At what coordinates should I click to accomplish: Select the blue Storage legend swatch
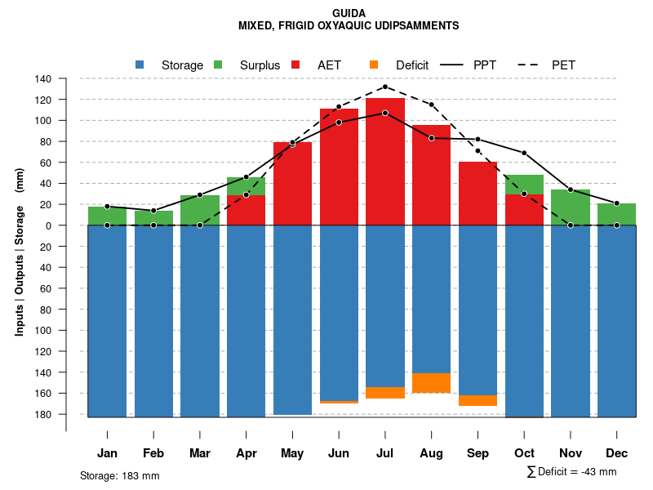click(x=140, y=65)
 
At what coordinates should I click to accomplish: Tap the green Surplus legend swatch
click(x=218, y=65)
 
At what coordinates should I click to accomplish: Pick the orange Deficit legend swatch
click(x=374, y=65)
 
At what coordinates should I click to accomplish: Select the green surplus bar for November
click(x=571, y=207)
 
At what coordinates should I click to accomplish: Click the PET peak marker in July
click(x=385, y=87)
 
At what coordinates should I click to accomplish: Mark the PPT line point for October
click(x=524, y=153)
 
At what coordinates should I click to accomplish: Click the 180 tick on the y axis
click(x=43, y=414)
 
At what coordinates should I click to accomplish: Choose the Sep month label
click(x=478, y=453)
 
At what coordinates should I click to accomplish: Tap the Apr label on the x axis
click(x=247, y=453)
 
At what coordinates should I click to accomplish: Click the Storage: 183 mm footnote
click(x=120, y=475)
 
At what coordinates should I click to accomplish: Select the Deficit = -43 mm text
click(x=571, y=471)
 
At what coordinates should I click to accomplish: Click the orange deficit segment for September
click(x=478, y=400)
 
